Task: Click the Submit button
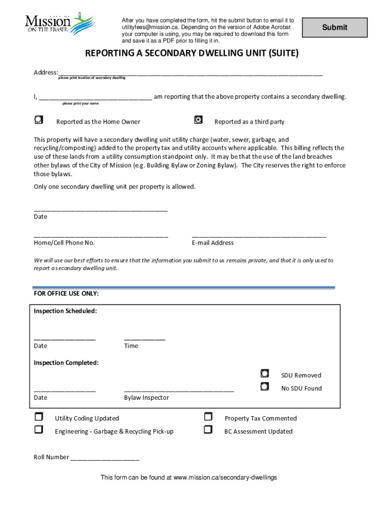(x=335, y=27)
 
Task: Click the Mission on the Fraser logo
(x=59, y=22)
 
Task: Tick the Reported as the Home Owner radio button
(x=39, y=119)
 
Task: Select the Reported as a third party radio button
(x=198, y=119)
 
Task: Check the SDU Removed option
(x=265, y=373)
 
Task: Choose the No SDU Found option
(x=265, y=386)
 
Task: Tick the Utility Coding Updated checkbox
(x=39, y=417)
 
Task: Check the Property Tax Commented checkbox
(x=208, y=417)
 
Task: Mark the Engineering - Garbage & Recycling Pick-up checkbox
(x=39, y=429)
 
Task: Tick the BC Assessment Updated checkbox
(x=208, y=429)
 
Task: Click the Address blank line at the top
(x=190, y=73)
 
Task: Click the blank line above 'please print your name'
(x=95, y=97)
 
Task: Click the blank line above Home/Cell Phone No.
(x=101, y=235)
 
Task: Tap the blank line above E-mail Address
(x=259, y=235)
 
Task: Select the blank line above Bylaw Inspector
(x=179, y=390)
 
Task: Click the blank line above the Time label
(x=144, y=338)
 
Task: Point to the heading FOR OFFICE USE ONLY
(x=66, y=294)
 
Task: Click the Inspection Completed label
(x=66, y=363)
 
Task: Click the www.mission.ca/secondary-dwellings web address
(x=225, y=478)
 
